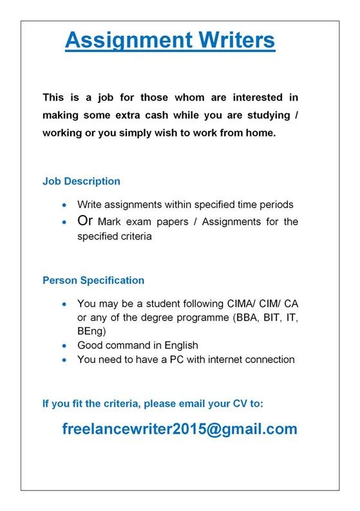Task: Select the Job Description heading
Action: pyautogui.click(x=81, y=181)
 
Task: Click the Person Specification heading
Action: pyautogui.click(x=93, y=281)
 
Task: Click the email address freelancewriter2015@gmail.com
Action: pyautogui.click(x=180, y=429)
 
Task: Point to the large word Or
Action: pyautogui.click(x=86, y=221)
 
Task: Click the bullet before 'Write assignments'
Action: pyautogui.click(x=63, y=205)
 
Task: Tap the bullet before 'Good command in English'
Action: pyautogui.click(x=63, y=346)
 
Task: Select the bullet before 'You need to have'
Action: pyautogui.click(x=63, y=360)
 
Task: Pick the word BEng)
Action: pyautogui.click(x=91, y=331)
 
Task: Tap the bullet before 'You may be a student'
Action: pyautogui.click(x=63, y=304)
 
